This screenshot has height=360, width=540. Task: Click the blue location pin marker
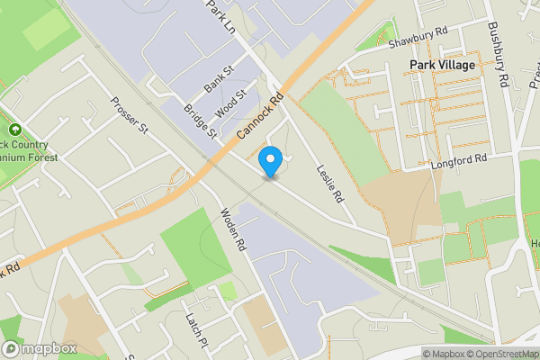point(270,162)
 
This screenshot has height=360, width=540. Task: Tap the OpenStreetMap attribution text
point(501,354)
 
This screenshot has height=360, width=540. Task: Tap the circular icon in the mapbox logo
point(12,348)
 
